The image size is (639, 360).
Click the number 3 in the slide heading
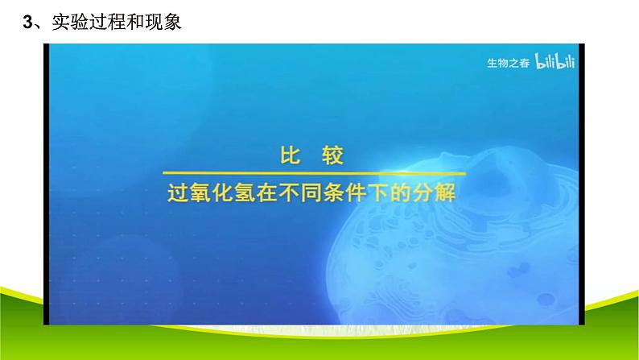coord(27,22)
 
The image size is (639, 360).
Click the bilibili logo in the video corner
coord(554,61)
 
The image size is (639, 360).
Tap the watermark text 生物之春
coord(508,63)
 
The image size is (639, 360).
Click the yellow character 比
coord(290,155)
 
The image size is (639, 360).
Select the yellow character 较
coord(332,155)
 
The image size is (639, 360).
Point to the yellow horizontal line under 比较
coord(314,173)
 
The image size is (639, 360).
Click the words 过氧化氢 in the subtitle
coord(211,192)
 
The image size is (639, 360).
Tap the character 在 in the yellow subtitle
coord(266,192)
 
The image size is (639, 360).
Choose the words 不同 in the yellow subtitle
coord(299,192)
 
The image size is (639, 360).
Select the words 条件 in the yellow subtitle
coord(344,192)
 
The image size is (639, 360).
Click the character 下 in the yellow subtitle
coord(378,192)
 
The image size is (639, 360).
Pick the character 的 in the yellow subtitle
coord(400,192)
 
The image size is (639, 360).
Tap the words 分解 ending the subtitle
coord(434,192)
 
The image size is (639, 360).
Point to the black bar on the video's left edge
coord(46,184)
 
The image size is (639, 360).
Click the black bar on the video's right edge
coord(582,184)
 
